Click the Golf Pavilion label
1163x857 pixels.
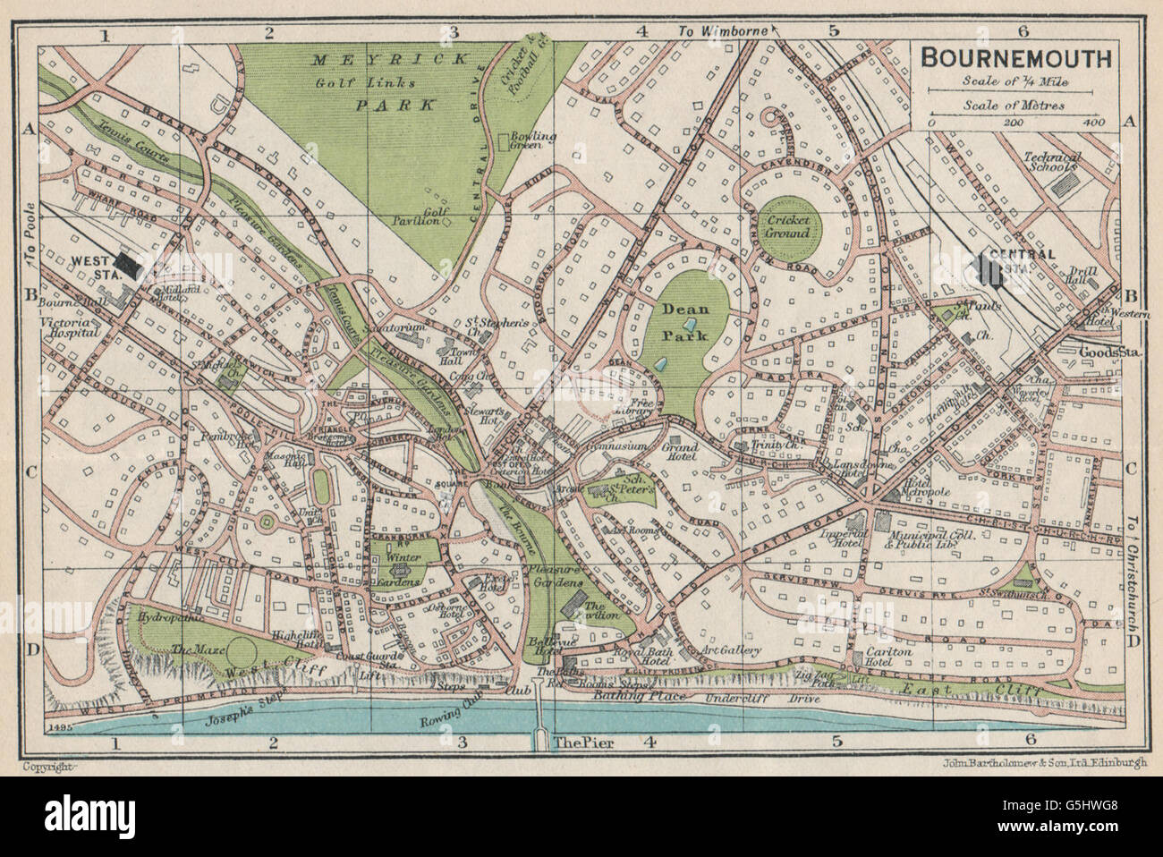coord(419,215)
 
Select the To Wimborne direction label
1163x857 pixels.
coord(725,32)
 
